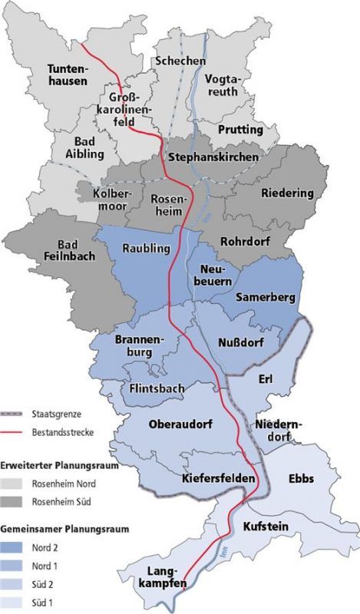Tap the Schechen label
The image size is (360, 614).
[180, 61]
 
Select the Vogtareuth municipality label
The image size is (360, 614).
[223, 91]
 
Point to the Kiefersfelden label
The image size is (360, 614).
[218, 479]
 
